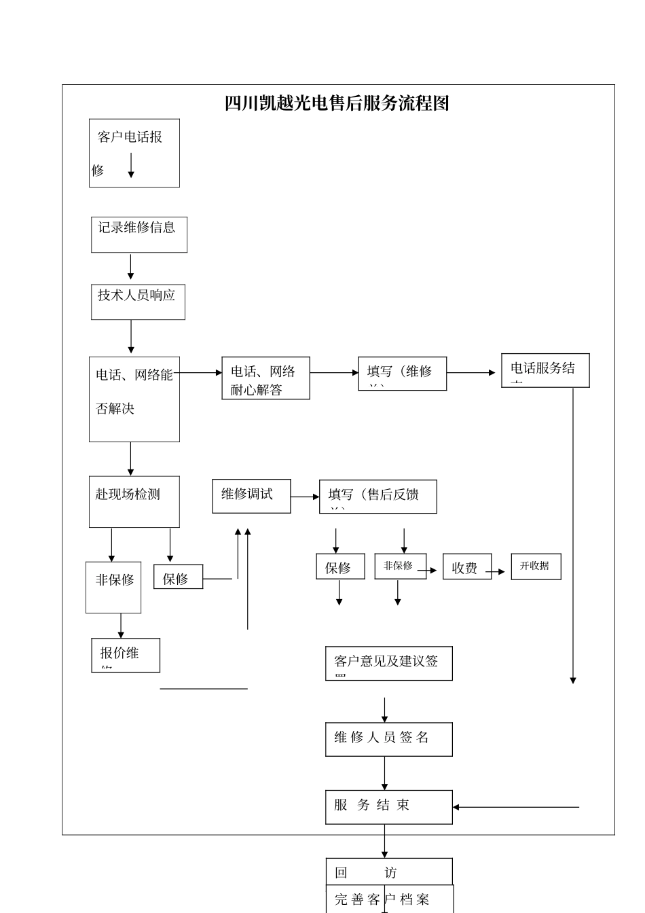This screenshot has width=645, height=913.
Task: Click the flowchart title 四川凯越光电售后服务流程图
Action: tap(337, 103)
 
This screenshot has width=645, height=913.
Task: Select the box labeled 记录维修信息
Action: tap(139, 234)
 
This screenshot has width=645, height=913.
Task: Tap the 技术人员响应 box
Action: tap(138, 302)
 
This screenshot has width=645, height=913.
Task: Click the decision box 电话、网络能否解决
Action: tap(134, 399)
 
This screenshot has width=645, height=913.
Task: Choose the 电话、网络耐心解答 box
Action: tap(265, 378)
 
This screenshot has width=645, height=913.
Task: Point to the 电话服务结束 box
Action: tap(545, 370)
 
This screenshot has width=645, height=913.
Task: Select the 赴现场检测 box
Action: tap(134, 501)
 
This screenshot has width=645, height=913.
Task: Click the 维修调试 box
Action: tap(251, 496)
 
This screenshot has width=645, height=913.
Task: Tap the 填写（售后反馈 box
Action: tap(377, 497)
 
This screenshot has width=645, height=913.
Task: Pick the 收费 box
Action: tap(466, 567)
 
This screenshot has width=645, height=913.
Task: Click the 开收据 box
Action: tap(536, 566)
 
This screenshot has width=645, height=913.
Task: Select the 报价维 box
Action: tap(126, 655)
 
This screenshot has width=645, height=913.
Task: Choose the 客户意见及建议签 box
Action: tap(388, 663)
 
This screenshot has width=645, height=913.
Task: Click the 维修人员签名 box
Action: tap(388, 739)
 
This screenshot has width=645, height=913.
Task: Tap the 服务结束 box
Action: tap(388, 807)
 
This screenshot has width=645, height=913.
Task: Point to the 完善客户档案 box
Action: tap(389, 899)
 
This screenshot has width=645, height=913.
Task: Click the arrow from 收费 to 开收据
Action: tap(501, 571)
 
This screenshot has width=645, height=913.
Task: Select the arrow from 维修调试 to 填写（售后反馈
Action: tap(305, 497)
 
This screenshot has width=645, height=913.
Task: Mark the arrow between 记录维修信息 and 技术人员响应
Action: tap(131, 267)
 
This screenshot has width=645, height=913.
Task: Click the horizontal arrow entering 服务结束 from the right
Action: tap(515, 807)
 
